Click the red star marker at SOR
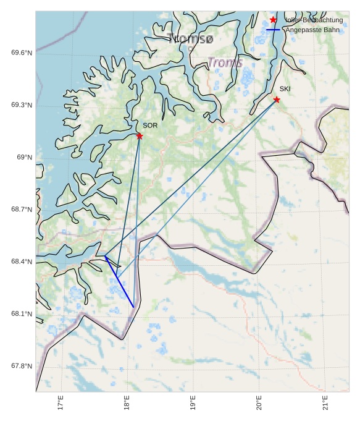click(140, 136)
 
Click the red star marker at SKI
click(277, 100)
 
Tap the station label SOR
click(150, 125)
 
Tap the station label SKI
click(285, 89)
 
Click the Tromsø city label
click(190, 39)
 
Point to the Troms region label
click(225, 62)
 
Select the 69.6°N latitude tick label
click(22, 53)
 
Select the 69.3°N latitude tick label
click(22, 105)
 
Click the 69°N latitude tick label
click(24, 158)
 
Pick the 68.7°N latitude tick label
click(22, 210)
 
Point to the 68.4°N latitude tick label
click(22, 262)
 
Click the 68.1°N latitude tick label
click(22, 314)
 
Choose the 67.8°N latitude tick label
click(22, 367)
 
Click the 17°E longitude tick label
click(61, 402)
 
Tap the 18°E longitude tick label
click(127, 402)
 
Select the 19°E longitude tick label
click(193, 402)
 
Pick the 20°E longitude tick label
click(259, 402)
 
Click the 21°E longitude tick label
click(325, 402)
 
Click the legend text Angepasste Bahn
click(312, 30)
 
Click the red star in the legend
click(274, 20)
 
